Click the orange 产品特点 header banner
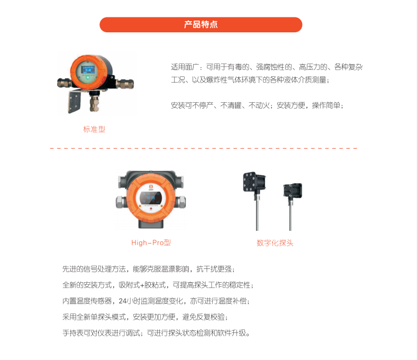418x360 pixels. [x=201, y=24]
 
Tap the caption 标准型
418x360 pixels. [x=94, y=129]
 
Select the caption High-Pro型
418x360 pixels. [x=151, y=242]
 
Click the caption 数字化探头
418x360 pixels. [x=275, y=243]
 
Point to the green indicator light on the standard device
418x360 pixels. [x=87, y=78]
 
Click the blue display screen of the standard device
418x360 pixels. [x=88, y=70]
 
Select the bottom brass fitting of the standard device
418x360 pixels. [x=94, y=102]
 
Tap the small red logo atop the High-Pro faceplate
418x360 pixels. [x=151, y=186]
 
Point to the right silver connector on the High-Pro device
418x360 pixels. [x=181, y=202]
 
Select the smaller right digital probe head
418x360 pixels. [x=293, y=190]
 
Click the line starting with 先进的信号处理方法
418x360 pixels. [x=149, y=269]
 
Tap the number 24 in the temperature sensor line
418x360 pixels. [x=123, y=301]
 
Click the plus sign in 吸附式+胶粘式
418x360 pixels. [x=142, y=285]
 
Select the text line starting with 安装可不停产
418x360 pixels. [x=257, y=105]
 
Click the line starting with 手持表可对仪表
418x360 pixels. [x=156, y=333]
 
